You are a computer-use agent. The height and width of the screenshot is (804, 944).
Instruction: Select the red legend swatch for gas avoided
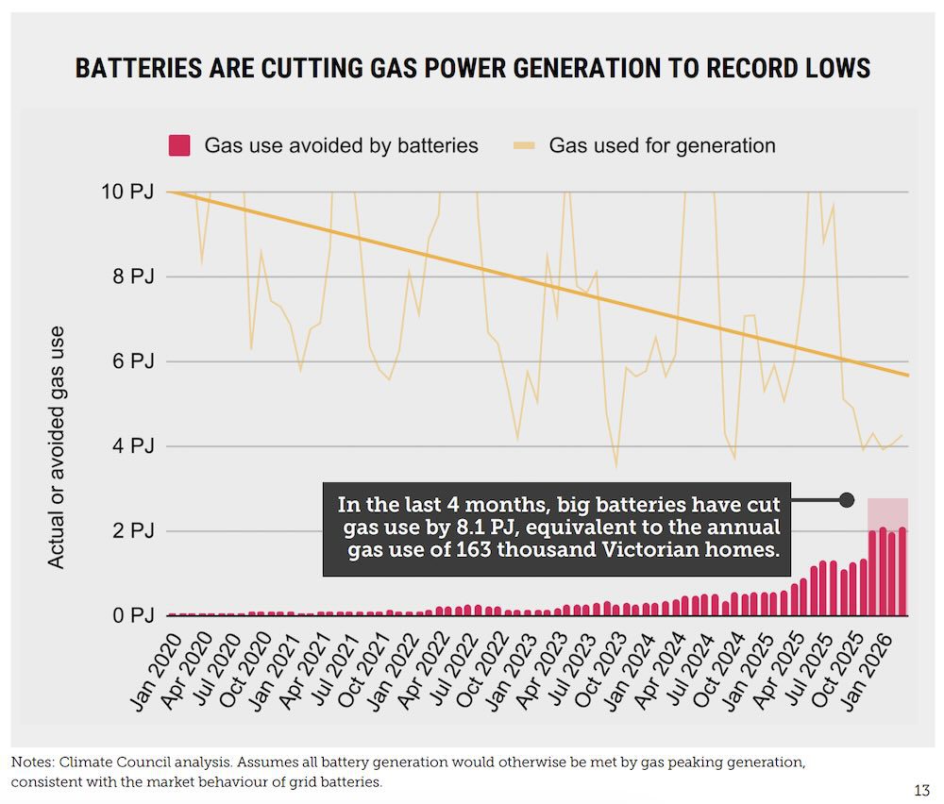coord(179,145)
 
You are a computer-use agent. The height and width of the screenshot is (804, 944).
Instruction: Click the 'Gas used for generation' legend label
coord(662,145)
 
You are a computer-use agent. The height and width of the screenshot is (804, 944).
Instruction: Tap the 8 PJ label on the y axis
coord(130,276)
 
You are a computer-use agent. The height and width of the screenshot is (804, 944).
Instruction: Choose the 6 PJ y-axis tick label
coord(130,361)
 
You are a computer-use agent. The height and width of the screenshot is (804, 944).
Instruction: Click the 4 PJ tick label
coord(130,446)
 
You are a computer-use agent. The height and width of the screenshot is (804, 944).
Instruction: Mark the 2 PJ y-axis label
coord(130,531)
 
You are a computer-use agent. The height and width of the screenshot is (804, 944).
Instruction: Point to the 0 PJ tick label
coord(130,616)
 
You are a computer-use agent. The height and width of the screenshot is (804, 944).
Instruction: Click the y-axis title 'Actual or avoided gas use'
coord(57,446)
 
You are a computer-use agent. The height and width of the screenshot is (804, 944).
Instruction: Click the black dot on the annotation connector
coord(847,499)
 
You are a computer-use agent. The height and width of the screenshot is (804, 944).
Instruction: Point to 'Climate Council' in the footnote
coord(103,762)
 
